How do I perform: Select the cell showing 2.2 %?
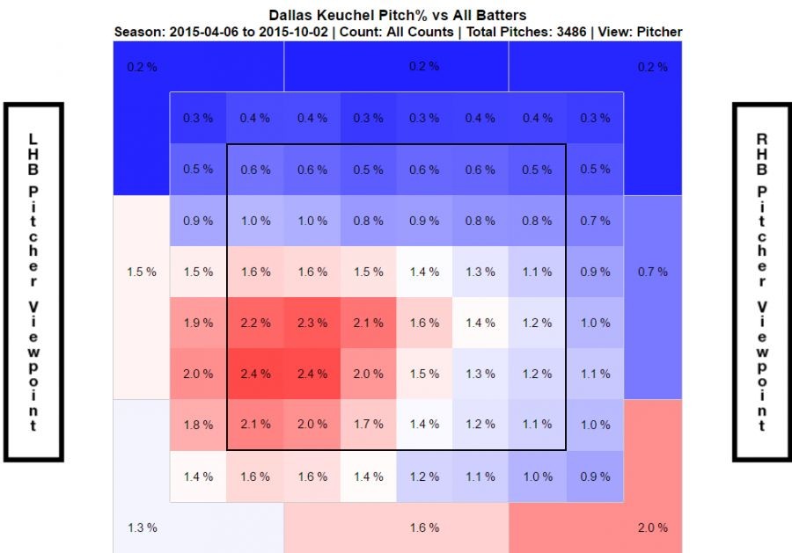(x=254, y=323)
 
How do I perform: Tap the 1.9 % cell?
(x=198, y=323)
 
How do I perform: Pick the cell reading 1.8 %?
(x=198, y=425)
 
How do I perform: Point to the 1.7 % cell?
(x=367, y=425)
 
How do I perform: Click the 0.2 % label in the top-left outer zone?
(x=141, y=67)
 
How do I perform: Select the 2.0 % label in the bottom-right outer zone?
(x=652, y=528)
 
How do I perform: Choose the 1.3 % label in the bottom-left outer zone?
(x=141, y=528)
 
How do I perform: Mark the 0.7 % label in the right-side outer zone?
(x=652, y=272)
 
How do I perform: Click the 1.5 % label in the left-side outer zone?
(x=141, y=272)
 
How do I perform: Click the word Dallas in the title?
(x=293, y=16)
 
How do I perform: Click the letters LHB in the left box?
(x=33, y=154)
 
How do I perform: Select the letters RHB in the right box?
(x=761, y=154)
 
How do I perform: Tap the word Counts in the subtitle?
(x=429, y=32)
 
